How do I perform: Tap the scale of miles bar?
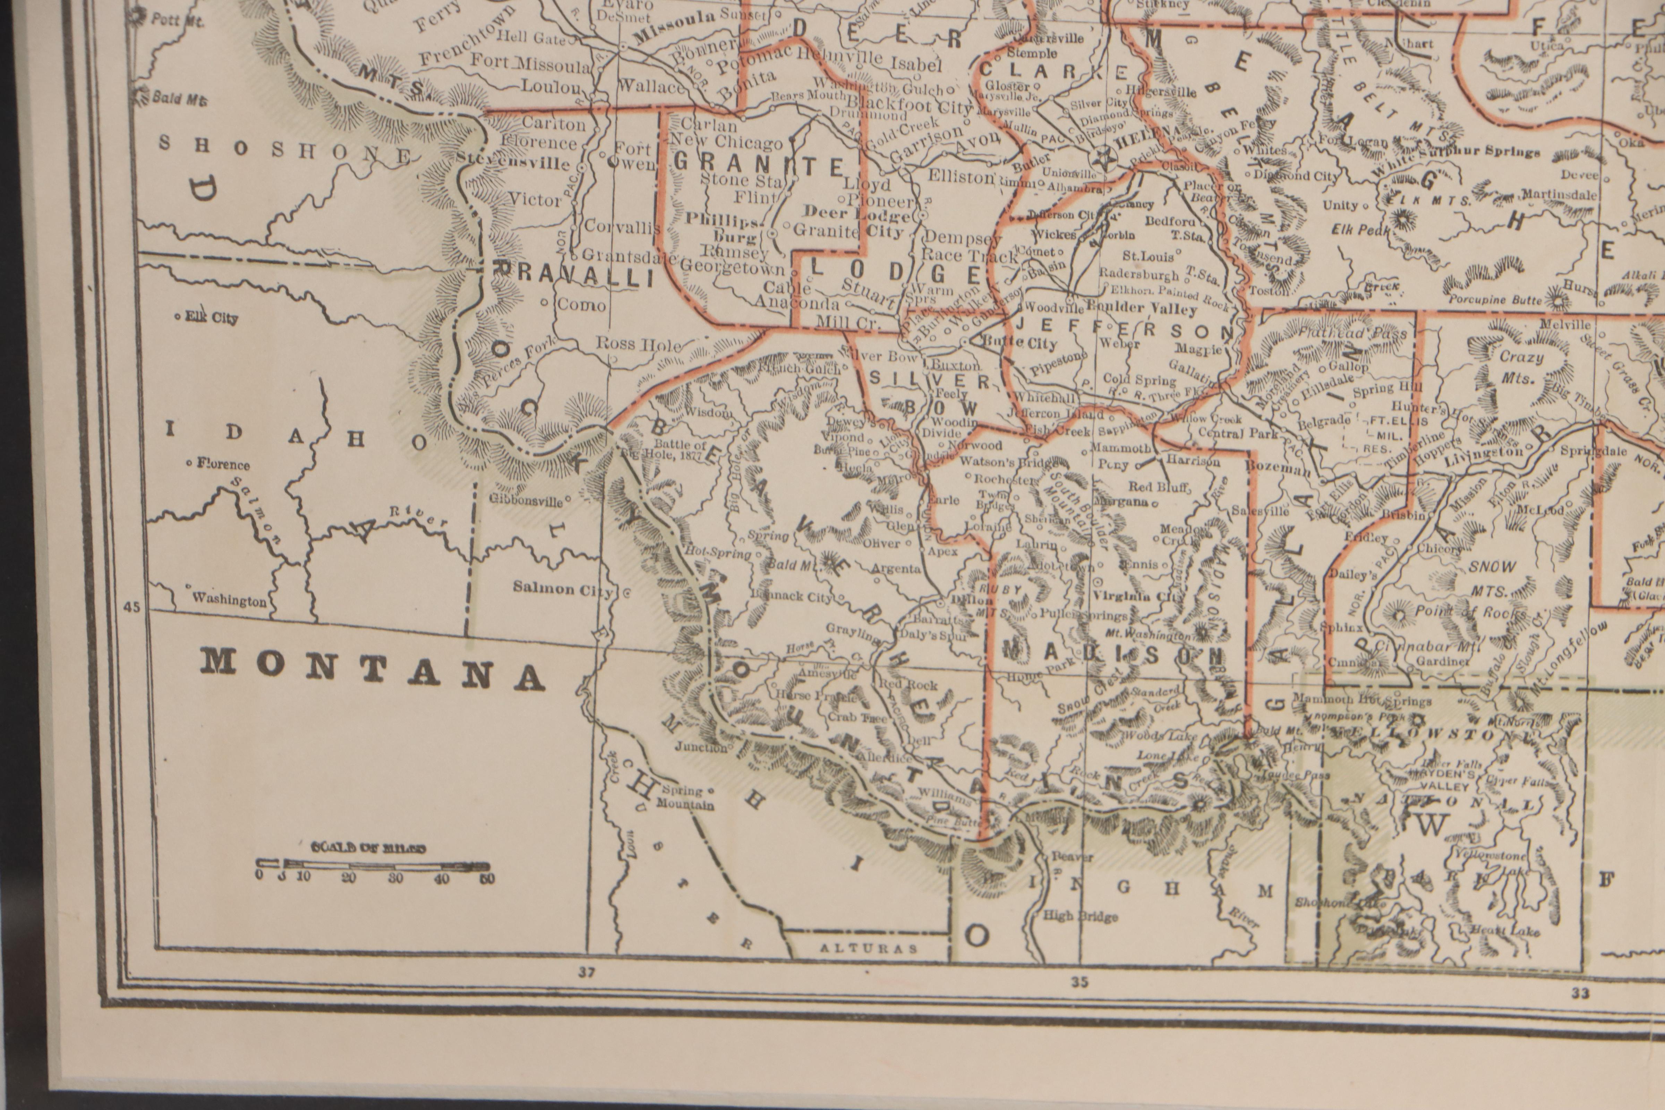[373, 865]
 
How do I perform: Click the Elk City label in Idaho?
[211, 318]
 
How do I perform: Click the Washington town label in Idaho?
[229, 600]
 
